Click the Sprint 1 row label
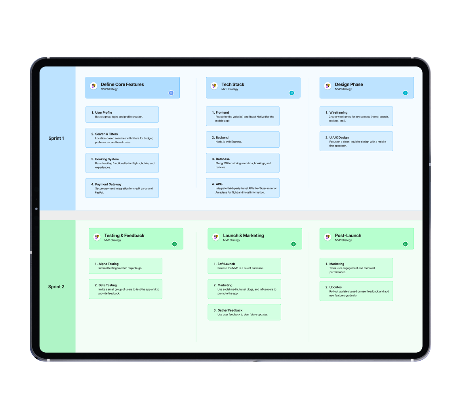[56, 138]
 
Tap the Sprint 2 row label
[56, 287]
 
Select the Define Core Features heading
[122, 84]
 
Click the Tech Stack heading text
[233, 84]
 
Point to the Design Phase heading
[349, 84]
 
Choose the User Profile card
[122, 114]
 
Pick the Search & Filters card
[122, 138]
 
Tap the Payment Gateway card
[122, 188]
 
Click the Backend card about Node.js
[242, 139]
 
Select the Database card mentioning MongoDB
[242, 163]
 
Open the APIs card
[242, 188]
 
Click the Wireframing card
[356, 116]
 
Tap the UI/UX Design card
[356, 141]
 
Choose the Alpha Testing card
[125, 266]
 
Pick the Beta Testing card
[125, 289]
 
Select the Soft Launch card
[244, 266]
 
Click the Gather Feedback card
[244, 312]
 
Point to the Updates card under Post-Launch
[356, 291]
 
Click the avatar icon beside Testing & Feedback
[97, 237]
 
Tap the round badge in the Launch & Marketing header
[293, 244]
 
